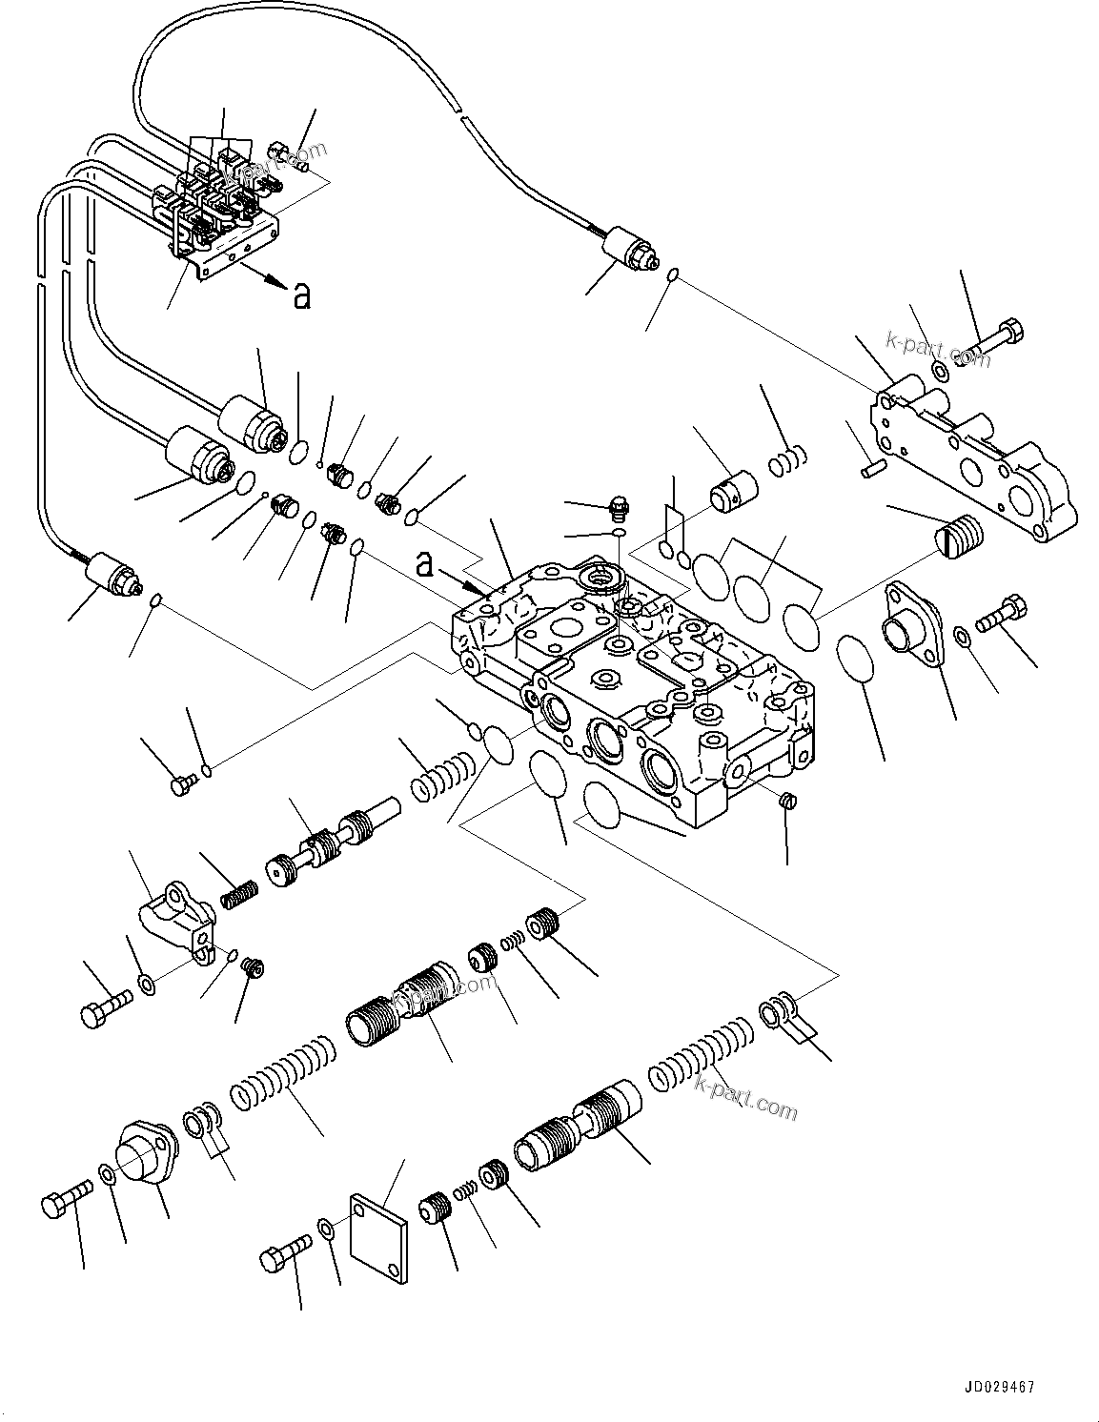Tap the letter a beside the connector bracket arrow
pos(301,296)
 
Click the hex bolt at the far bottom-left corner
pos(66,1202)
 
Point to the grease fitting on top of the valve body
pos(617,506)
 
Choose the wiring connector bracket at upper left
pos(214,205)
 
